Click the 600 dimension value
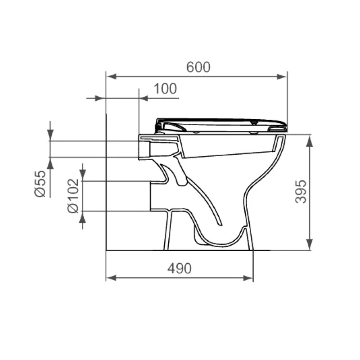[x=198, y=67]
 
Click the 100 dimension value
[x=165, y=89]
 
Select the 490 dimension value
[x=180, y=268]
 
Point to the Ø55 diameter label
[x=40, y=184]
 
